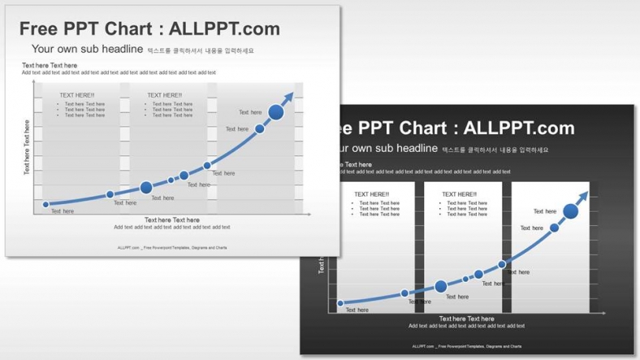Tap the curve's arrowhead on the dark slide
pos(584,197)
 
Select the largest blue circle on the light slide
pos(276,113)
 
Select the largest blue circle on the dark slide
pos(571,212)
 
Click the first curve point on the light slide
pos(46,205)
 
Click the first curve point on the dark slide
pos(340,304)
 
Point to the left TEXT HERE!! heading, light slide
pos(76,96)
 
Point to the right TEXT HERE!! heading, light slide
pos(164,96)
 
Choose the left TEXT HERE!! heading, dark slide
pos(371,195)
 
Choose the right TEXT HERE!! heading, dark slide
pos(459,195)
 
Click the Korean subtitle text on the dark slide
pos(495,150)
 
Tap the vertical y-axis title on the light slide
pos(27,147)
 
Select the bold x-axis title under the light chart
pos(171,220)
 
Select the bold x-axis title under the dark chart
pos(466,319)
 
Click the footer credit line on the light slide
pos(172,248)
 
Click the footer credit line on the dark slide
pos(467,347)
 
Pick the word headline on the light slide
pos(121,50)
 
